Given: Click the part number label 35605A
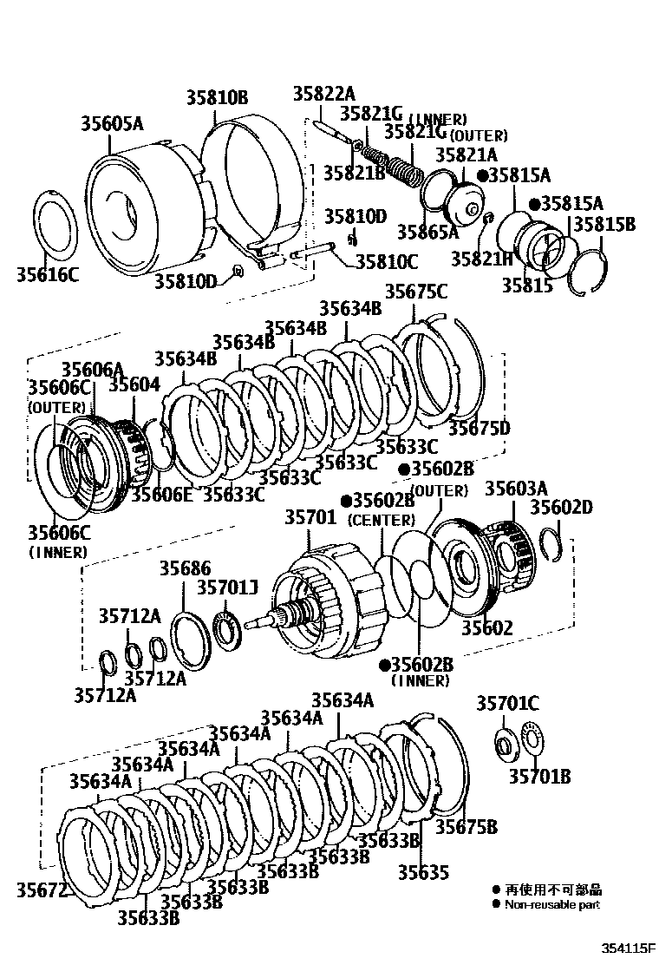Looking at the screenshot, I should (113, 123).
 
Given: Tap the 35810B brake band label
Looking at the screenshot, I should (217, 97).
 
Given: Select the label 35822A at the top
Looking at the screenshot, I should (323, 94).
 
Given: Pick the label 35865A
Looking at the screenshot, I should (427, 232).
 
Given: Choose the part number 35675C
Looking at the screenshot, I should (416, 292).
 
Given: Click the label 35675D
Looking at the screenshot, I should (479, 428).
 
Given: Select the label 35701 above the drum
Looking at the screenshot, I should (310, 518).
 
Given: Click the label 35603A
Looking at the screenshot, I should (516, 489).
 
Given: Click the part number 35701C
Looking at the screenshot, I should (507, 704).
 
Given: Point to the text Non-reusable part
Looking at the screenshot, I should (552, 904).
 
